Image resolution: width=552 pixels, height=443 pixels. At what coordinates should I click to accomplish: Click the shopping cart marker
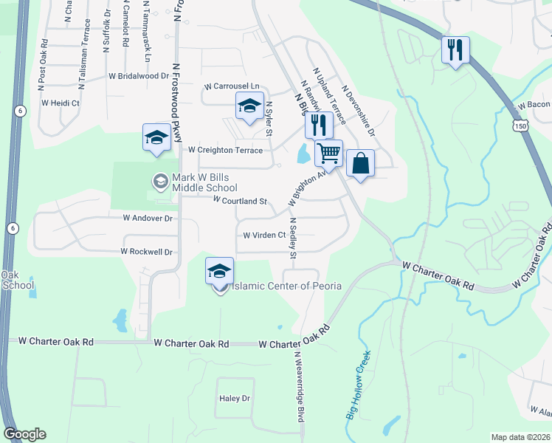coord(328,154)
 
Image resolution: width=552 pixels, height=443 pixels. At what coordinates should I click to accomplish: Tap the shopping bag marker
coord(360,164)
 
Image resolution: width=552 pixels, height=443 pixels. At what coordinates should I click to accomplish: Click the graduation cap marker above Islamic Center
coord(219,271)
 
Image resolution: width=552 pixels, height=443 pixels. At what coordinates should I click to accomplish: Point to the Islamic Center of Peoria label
coord(286,286)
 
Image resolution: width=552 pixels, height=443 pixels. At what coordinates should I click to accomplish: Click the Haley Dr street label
coord(235,399)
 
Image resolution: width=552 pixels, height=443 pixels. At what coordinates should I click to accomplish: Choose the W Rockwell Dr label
coord(147,252)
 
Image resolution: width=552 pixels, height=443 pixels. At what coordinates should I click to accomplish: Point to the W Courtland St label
coord(240,201)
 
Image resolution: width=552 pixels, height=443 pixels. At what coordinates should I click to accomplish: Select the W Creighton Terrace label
coord(225,150)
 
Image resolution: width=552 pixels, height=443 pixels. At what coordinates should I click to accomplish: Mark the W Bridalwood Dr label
coord(139,76)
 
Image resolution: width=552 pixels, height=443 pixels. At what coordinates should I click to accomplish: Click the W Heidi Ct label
coord(61,103)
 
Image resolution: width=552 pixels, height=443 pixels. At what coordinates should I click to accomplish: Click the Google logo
coord(24,434)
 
